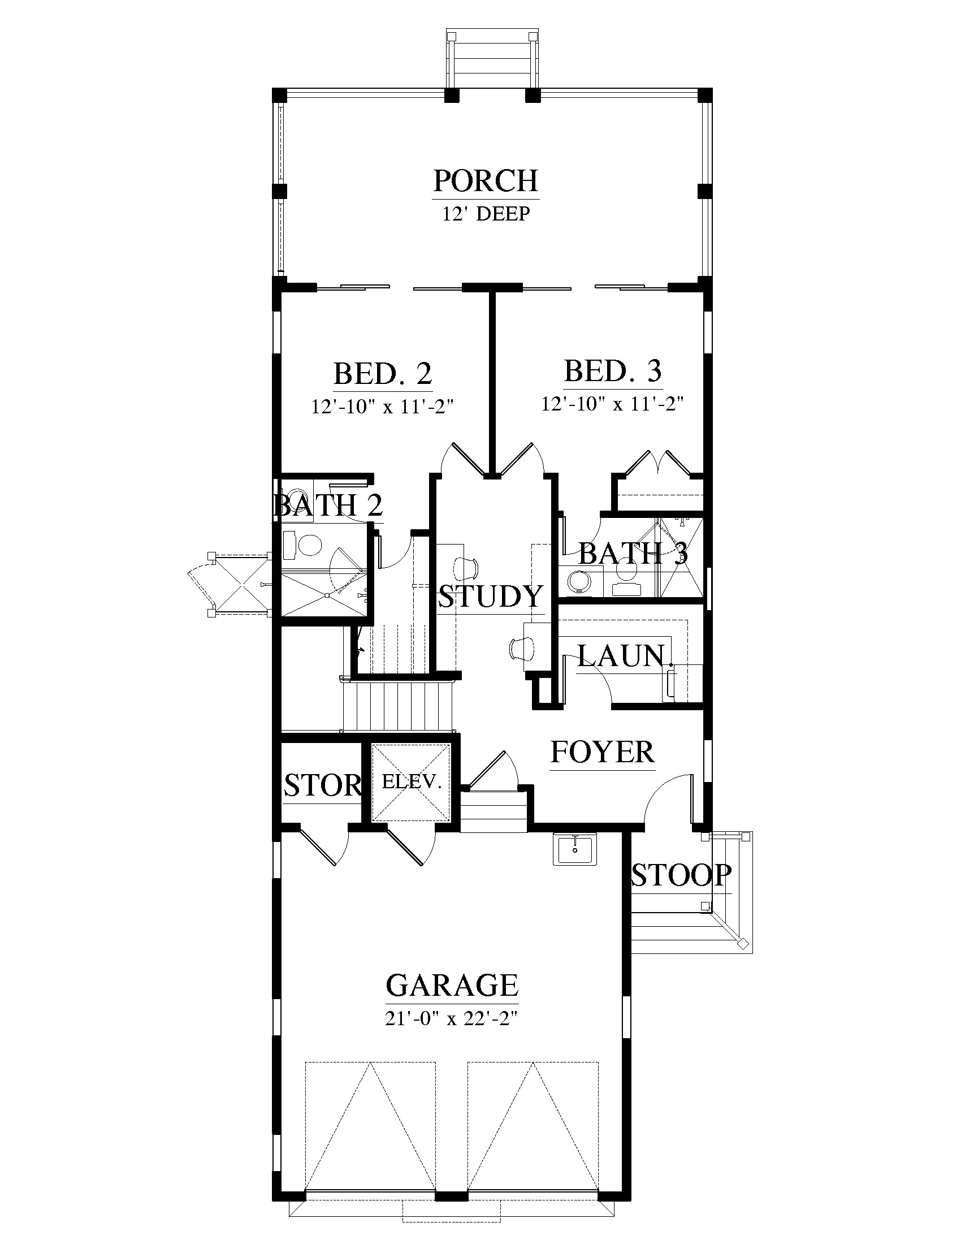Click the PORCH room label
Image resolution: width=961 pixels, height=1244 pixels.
tap(486, 180)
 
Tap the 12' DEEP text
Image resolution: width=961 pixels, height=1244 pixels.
tap(486, 214)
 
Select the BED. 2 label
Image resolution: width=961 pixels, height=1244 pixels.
tap(383, 374)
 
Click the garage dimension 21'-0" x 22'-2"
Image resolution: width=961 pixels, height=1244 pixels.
tap(452, 1018)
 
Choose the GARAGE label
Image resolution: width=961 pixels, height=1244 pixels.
tap(452, 985)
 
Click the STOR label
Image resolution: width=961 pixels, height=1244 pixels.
tap(323, 786)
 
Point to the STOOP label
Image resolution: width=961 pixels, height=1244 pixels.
tap(682, 875)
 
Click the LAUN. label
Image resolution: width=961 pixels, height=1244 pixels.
tap(622, 655)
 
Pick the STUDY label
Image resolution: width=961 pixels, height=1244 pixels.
tap(491, 597)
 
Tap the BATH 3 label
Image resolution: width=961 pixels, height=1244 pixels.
tap(633, 552)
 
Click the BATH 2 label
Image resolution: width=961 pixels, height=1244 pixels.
tap(328, 505)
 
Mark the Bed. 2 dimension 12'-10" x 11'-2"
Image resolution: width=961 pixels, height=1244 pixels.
tap(382, 407)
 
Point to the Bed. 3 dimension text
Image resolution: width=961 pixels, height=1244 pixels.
tap(613, 404)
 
